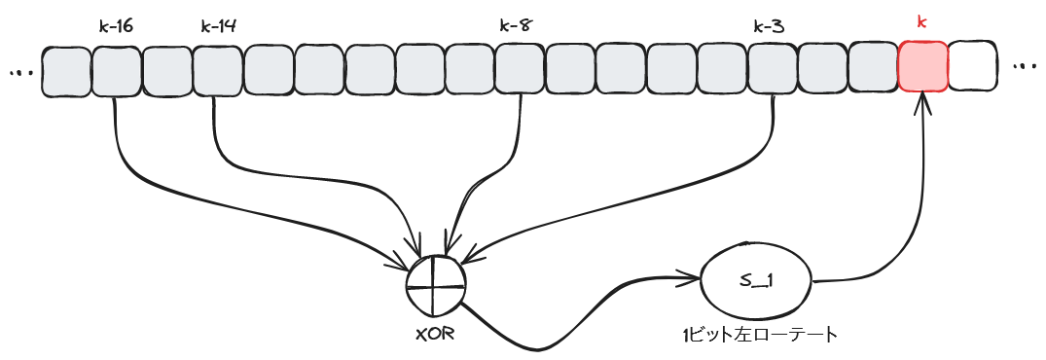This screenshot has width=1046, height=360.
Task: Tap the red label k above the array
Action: tap(922, 20)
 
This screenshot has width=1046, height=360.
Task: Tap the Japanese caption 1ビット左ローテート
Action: tap(759, 336)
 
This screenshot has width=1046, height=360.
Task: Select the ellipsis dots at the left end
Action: tap(19, 72)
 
